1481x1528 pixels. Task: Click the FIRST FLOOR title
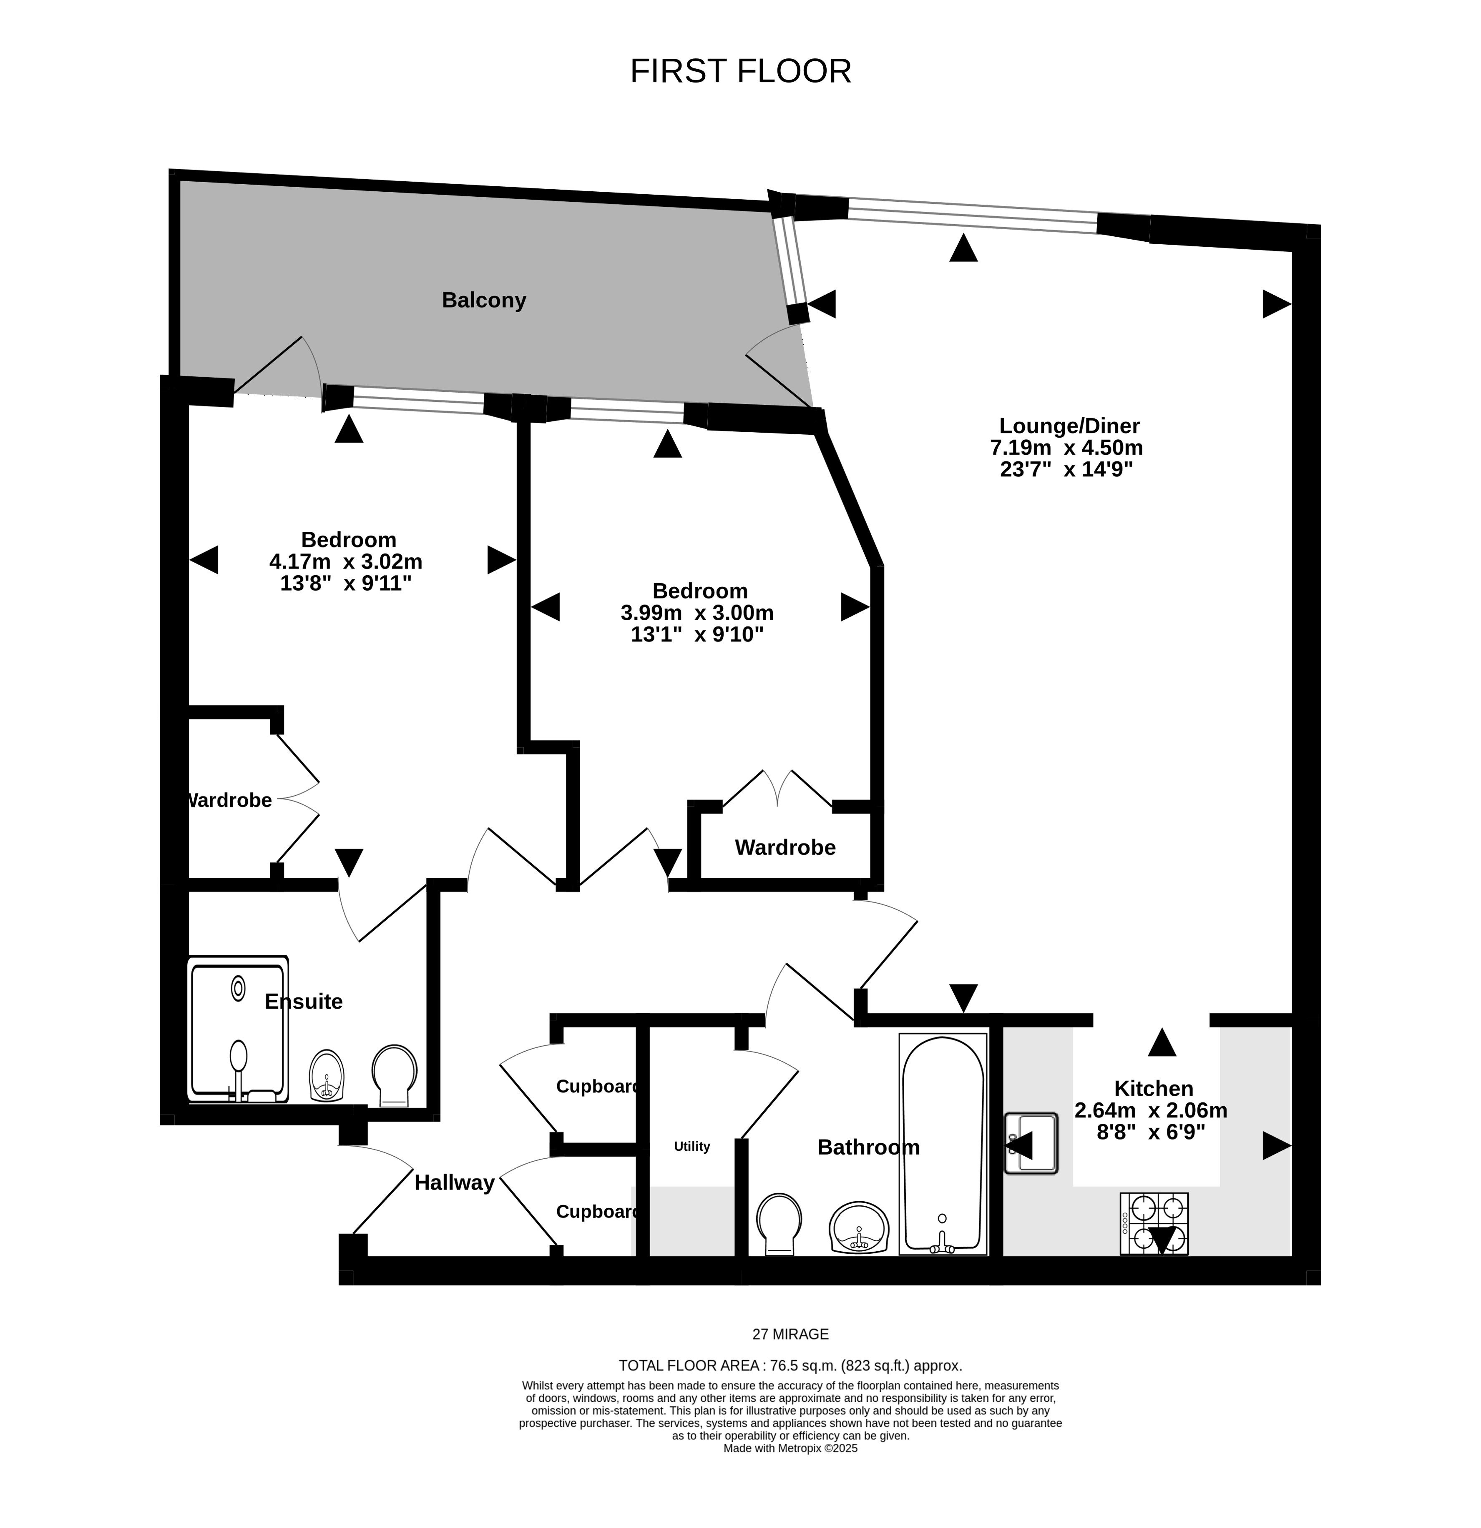[740, 71]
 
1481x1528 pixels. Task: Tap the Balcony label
[483, 300]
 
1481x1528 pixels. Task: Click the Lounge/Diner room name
[1069, 426]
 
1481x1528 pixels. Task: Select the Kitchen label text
[1154, 1088]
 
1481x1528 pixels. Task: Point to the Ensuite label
[303, 1002]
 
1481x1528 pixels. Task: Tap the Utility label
[692, 1146]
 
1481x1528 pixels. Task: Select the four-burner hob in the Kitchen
[1154, 1223]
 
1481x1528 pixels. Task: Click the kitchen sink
[1031, 1143]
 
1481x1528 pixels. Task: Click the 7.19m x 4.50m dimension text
[1066, 448]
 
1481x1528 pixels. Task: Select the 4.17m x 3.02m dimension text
[345, 561]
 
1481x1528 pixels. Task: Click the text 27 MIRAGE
[790, 1334]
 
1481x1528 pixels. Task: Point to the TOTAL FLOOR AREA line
[790, 1365]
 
